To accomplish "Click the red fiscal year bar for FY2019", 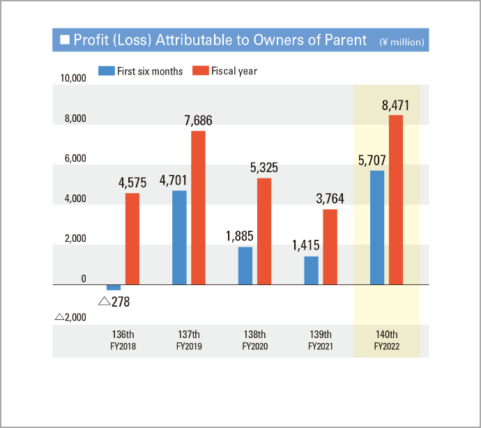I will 198,208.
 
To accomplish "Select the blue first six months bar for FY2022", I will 377,227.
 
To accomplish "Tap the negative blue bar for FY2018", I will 114,287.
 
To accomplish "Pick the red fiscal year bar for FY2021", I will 330,247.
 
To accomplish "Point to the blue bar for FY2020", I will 245,266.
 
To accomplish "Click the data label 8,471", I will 395,106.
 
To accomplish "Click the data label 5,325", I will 264,168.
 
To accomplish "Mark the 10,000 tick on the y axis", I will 72,79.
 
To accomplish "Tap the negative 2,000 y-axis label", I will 70,317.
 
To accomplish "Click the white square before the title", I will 65,40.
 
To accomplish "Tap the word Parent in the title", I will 345,40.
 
